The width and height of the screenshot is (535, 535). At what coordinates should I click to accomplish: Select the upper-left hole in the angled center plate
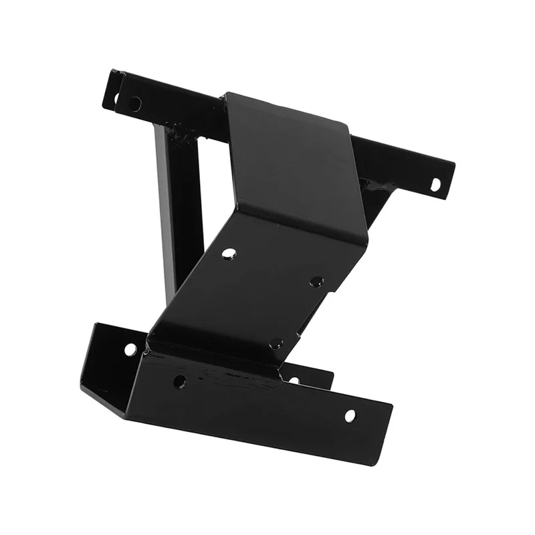pos(229,253)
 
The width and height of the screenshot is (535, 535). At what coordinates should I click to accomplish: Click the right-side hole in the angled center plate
pos(316,282)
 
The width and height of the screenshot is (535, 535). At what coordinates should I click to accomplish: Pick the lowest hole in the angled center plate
pos(275,344)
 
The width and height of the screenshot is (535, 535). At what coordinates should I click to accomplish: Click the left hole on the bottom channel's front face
pos(179,382)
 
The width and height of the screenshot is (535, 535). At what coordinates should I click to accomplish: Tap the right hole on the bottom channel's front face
pos(350,415)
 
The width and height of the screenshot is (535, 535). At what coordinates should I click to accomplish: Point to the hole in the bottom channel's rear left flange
pos(130,349)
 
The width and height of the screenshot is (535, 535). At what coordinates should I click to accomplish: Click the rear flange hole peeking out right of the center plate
pos(294,380)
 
